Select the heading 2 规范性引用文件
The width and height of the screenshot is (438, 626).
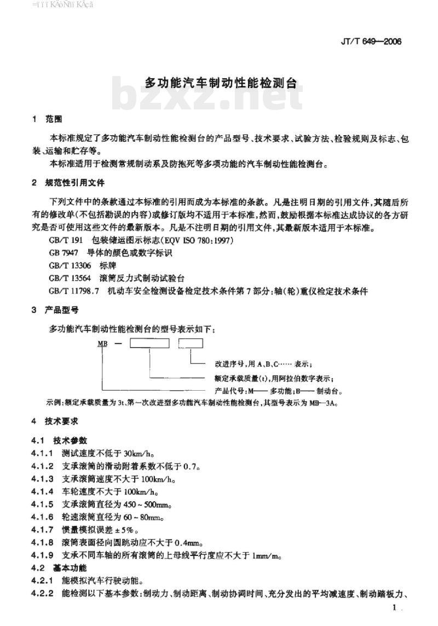(x=68, y=183)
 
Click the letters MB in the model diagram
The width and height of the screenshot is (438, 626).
(x=102, y=344)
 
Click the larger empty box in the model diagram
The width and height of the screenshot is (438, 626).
(x=149, y=344)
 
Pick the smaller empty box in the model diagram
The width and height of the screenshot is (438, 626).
(x=191, y=344)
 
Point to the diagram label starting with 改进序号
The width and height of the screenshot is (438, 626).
(x=260, y=364)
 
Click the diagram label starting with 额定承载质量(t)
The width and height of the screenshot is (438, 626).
(x=271, y=378)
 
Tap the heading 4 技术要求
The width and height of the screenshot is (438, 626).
(x=56, y=422)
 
